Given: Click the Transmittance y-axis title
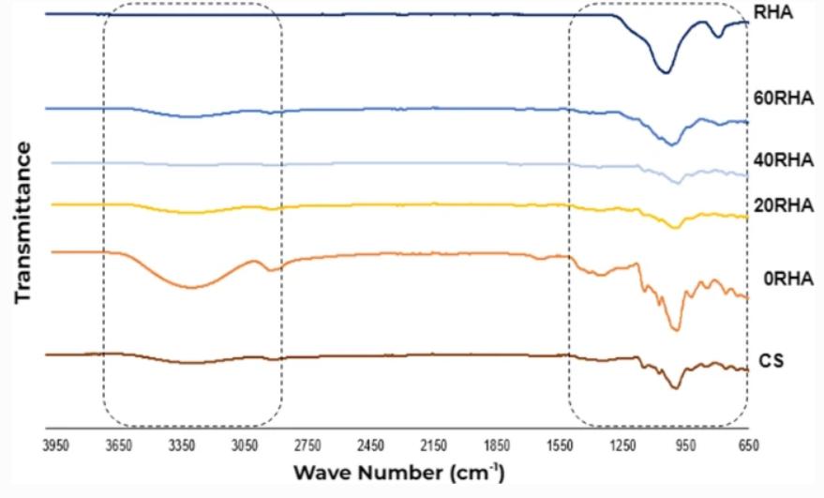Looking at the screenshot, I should point(22,222).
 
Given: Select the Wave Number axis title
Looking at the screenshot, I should point(399,470).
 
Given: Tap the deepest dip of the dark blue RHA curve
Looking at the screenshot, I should point(664,71).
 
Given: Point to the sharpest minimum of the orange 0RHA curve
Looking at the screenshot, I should point(676,329).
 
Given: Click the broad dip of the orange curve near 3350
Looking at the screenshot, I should point(191,287).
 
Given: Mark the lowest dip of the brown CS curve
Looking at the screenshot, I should point(676,387).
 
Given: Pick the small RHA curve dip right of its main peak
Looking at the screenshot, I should point(718,36).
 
